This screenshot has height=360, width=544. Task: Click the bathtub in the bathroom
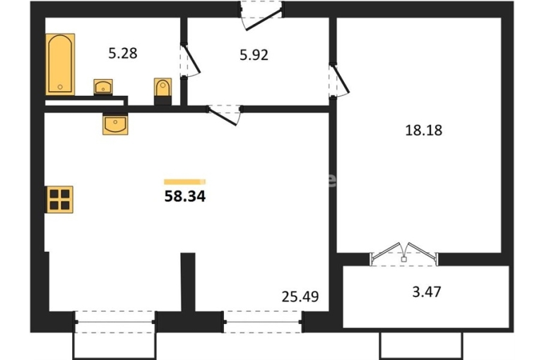coord(60,64)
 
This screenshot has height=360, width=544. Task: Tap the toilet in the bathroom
coord(163,92)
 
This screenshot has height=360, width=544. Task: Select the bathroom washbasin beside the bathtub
coord(103,87)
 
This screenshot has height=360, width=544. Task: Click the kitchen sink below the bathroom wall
coord(115,124)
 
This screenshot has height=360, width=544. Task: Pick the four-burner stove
coord(59,199)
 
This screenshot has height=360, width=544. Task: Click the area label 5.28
coord(123,54)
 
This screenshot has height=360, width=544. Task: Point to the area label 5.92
coord(254,55)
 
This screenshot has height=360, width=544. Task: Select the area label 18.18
coord(424,131)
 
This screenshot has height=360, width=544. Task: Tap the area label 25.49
coord(300,296)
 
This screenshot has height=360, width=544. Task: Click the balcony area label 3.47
coord(427,292)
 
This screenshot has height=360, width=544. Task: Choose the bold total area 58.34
coord(185,196)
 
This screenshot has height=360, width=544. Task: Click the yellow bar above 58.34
coord(185,181)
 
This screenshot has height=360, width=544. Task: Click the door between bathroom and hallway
coord(189,61)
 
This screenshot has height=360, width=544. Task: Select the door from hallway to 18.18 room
coord(339,80)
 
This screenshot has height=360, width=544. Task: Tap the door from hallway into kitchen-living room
coord(225,115)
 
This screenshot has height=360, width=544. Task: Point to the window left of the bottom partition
coord(115,322)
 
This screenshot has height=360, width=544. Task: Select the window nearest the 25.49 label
coord(263,322)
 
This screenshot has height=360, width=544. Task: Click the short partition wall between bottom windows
coord(188,282)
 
